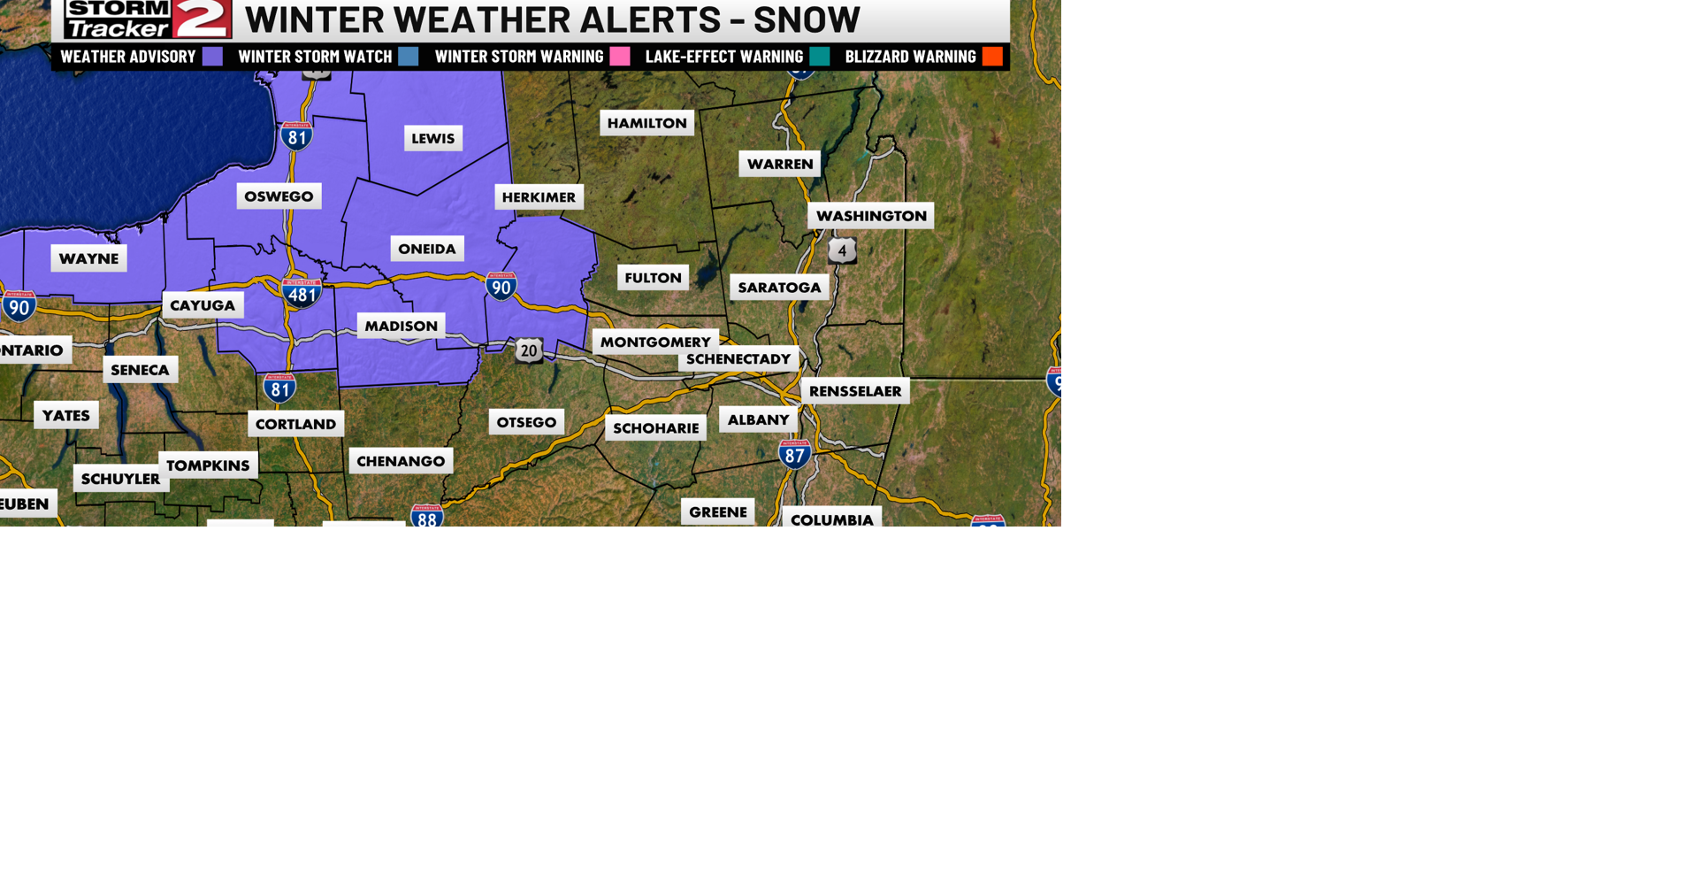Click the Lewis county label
coord(433,138)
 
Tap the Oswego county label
coord(279,196)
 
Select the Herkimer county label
coord(539,197)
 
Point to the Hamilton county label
coord(646,123)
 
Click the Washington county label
coord(870,216)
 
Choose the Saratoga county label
coord(779,288)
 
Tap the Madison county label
coord(401,326)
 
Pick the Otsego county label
coord(526,422)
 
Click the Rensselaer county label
coord(854,391)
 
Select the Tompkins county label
coord(208,465)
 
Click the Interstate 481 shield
coord(302,293)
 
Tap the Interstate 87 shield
coord(794,455)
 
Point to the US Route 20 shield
coord(529,350)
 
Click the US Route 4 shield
coord(842,250)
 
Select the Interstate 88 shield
coord(427,516)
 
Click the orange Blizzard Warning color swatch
coord(992,57)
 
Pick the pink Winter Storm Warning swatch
coord(620,57)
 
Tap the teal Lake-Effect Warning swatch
coord(820,57)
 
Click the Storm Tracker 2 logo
coord(148,19)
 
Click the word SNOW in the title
coord(807,19)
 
